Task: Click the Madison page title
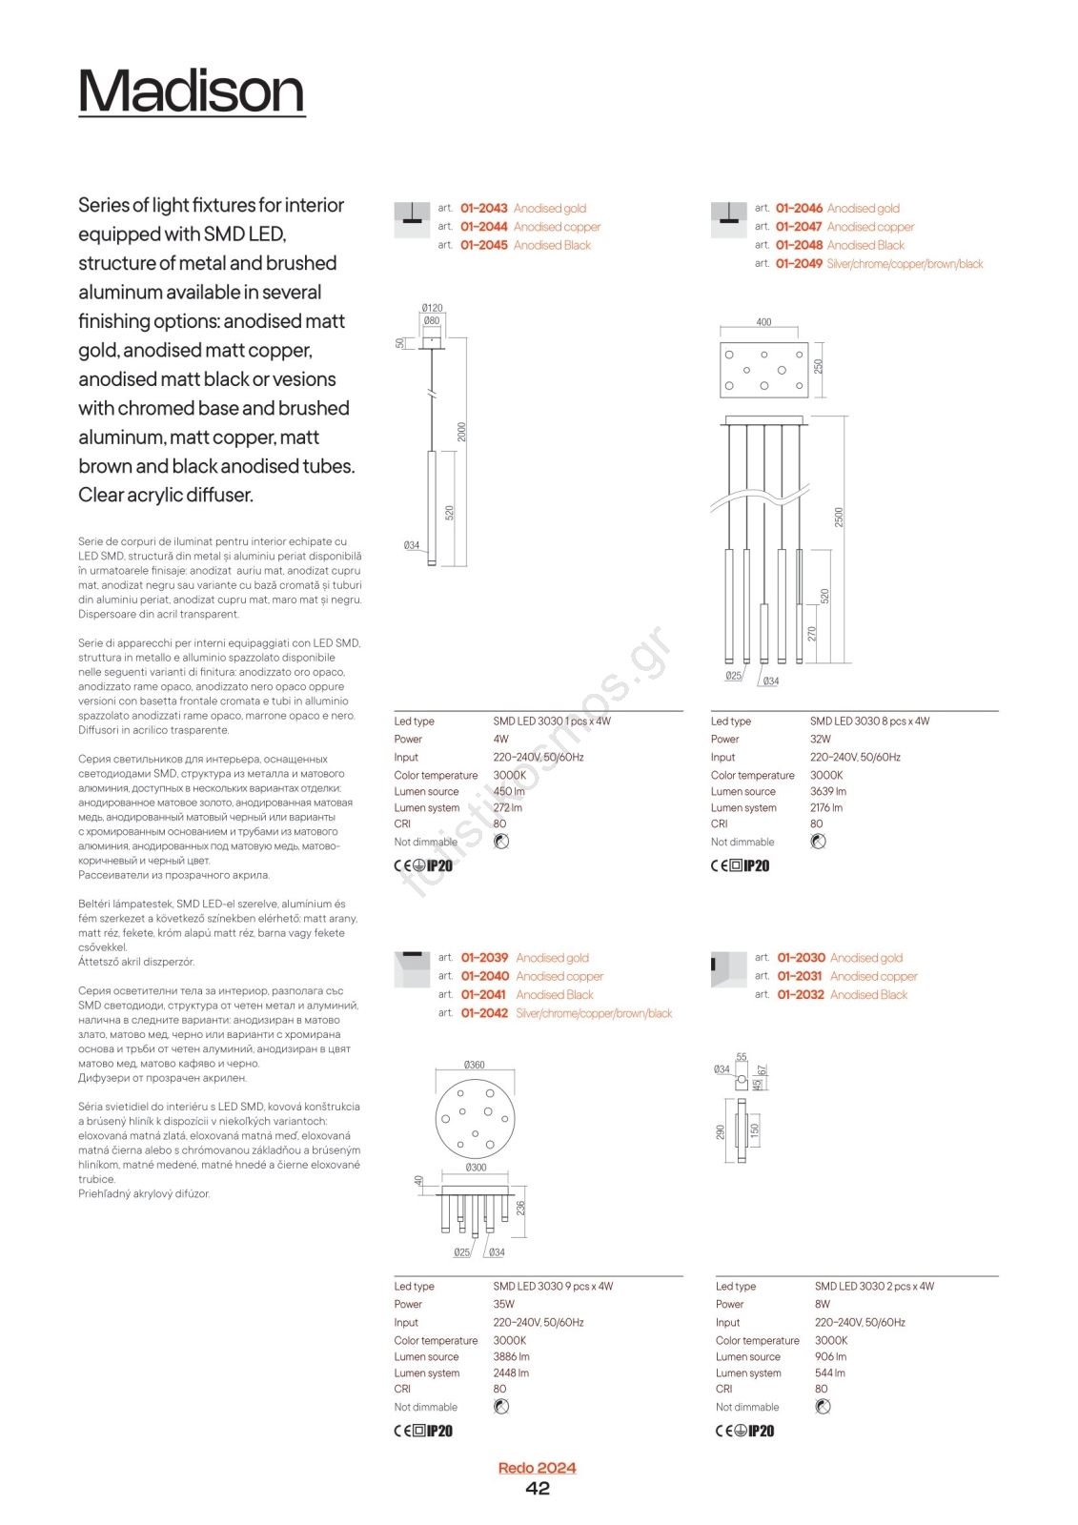192,91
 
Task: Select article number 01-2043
483,209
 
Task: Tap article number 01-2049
799,264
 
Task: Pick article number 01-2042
484,1013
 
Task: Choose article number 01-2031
800,976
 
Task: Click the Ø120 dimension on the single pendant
432,308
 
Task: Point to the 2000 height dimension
462,431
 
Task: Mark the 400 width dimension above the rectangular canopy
763,322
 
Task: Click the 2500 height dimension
839,517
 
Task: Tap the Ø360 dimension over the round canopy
474,1065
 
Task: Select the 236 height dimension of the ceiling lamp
520,1208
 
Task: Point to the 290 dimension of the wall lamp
721,1131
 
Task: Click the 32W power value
820,739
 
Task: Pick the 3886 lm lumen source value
511,1356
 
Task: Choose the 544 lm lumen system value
829,1373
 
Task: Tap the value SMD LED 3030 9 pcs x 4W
553,1286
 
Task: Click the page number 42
538,1489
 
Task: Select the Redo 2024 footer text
537,1468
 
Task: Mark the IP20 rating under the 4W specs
439,865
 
